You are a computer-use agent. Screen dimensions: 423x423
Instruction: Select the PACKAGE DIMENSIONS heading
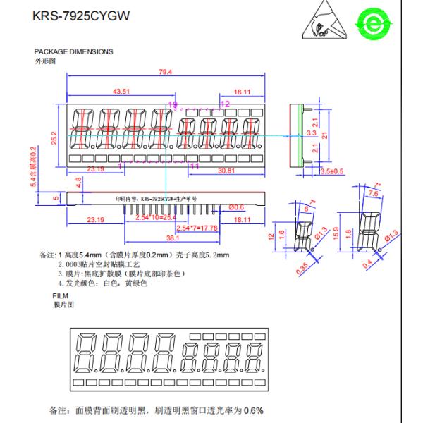click(x=73, y=52)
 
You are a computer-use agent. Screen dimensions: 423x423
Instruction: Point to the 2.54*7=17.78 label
click(x=197, y=228)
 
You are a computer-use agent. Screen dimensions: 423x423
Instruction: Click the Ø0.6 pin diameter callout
click(x=235, y=207)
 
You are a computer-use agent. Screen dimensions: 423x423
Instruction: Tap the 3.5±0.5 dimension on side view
click(x=332, y=171)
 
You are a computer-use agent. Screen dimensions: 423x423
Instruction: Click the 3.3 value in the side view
click(x=312, y=133)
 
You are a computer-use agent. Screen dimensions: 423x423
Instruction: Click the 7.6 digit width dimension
click(x=373, y=193)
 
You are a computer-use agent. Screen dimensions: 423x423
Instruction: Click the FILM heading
click(x=61, y=295)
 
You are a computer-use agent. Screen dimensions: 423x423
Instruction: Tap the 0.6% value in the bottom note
click(x=254, y=410)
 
